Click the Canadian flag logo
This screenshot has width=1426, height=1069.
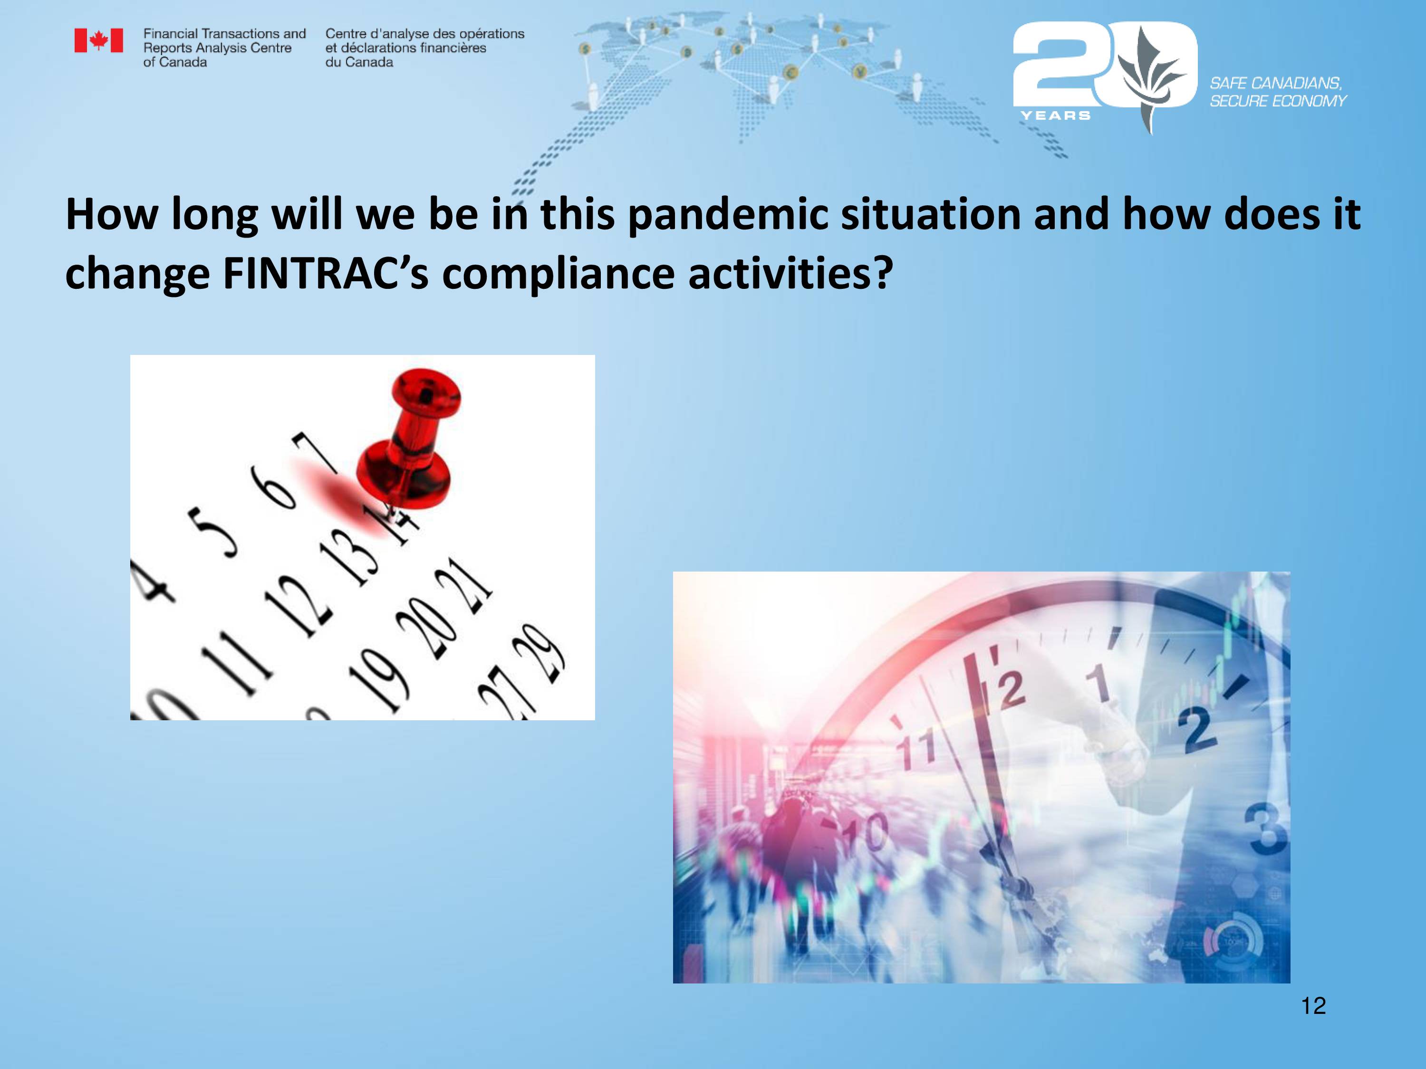tap(99, 40)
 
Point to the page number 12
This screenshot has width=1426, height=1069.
tap(1313, 1006)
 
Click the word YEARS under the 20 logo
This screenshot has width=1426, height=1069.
tap(1055, 115)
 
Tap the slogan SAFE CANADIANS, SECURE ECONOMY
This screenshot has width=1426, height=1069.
tap(1278, 92)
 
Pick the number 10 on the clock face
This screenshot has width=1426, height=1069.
tap(866, 834)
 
